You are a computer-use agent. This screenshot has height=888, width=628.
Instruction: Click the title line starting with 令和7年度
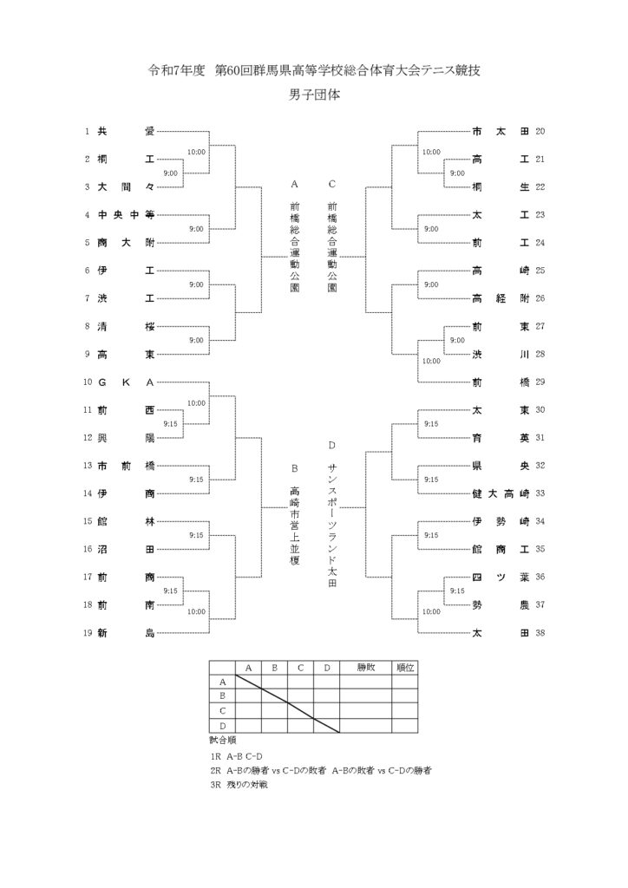point(314,70)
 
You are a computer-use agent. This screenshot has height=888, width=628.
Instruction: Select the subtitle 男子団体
point(314,95)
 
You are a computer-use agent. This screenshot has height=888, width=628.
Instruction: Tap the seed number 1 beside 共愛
point(88,132)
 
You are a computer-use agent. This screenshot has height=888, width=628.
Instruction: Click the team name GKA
point(126,382)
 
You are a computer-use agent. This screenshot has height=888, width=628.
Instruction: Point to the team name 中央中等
point(126,215)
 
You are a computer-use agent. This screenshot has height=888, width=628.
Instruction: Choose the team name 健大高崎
point(500,493)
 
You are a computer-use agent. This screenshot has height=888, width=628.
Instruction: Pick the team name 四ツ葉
point(500,577)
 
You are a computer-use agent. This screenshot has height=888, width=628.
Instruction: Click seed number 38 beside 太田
point(540,633)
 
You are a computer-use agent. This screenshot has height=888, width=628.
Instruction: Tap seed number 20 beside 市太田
point(540,132)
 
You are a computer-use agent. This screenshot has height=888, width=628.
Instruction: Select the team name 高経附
point(500,298)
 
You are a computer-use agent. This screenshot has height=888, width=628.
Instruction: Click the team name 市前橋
point(126,466)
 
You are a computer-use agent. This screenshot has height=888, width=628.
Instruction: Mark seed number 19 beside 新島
point(88,633)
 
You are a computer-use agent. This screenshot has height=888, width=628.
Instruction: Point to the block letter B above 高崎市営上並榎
point(294,469)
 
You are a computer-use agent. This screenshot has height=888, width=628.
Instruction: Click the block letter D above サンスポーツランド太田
point(332,445)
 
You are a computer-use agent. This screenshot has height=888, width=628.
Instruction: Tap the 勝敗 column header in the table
point(366,668)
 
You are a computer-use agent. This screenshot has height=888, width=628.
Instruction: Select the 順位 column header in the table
point(405,668)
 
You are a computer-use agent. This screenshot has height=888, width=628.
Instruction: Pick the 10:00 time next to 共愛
point(197,152)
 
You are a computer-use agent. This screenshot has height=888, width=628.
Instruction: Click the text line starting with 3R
point(239,785)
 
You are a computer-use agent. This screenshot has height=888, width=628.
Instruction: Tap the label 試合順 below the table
point(223,741)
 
